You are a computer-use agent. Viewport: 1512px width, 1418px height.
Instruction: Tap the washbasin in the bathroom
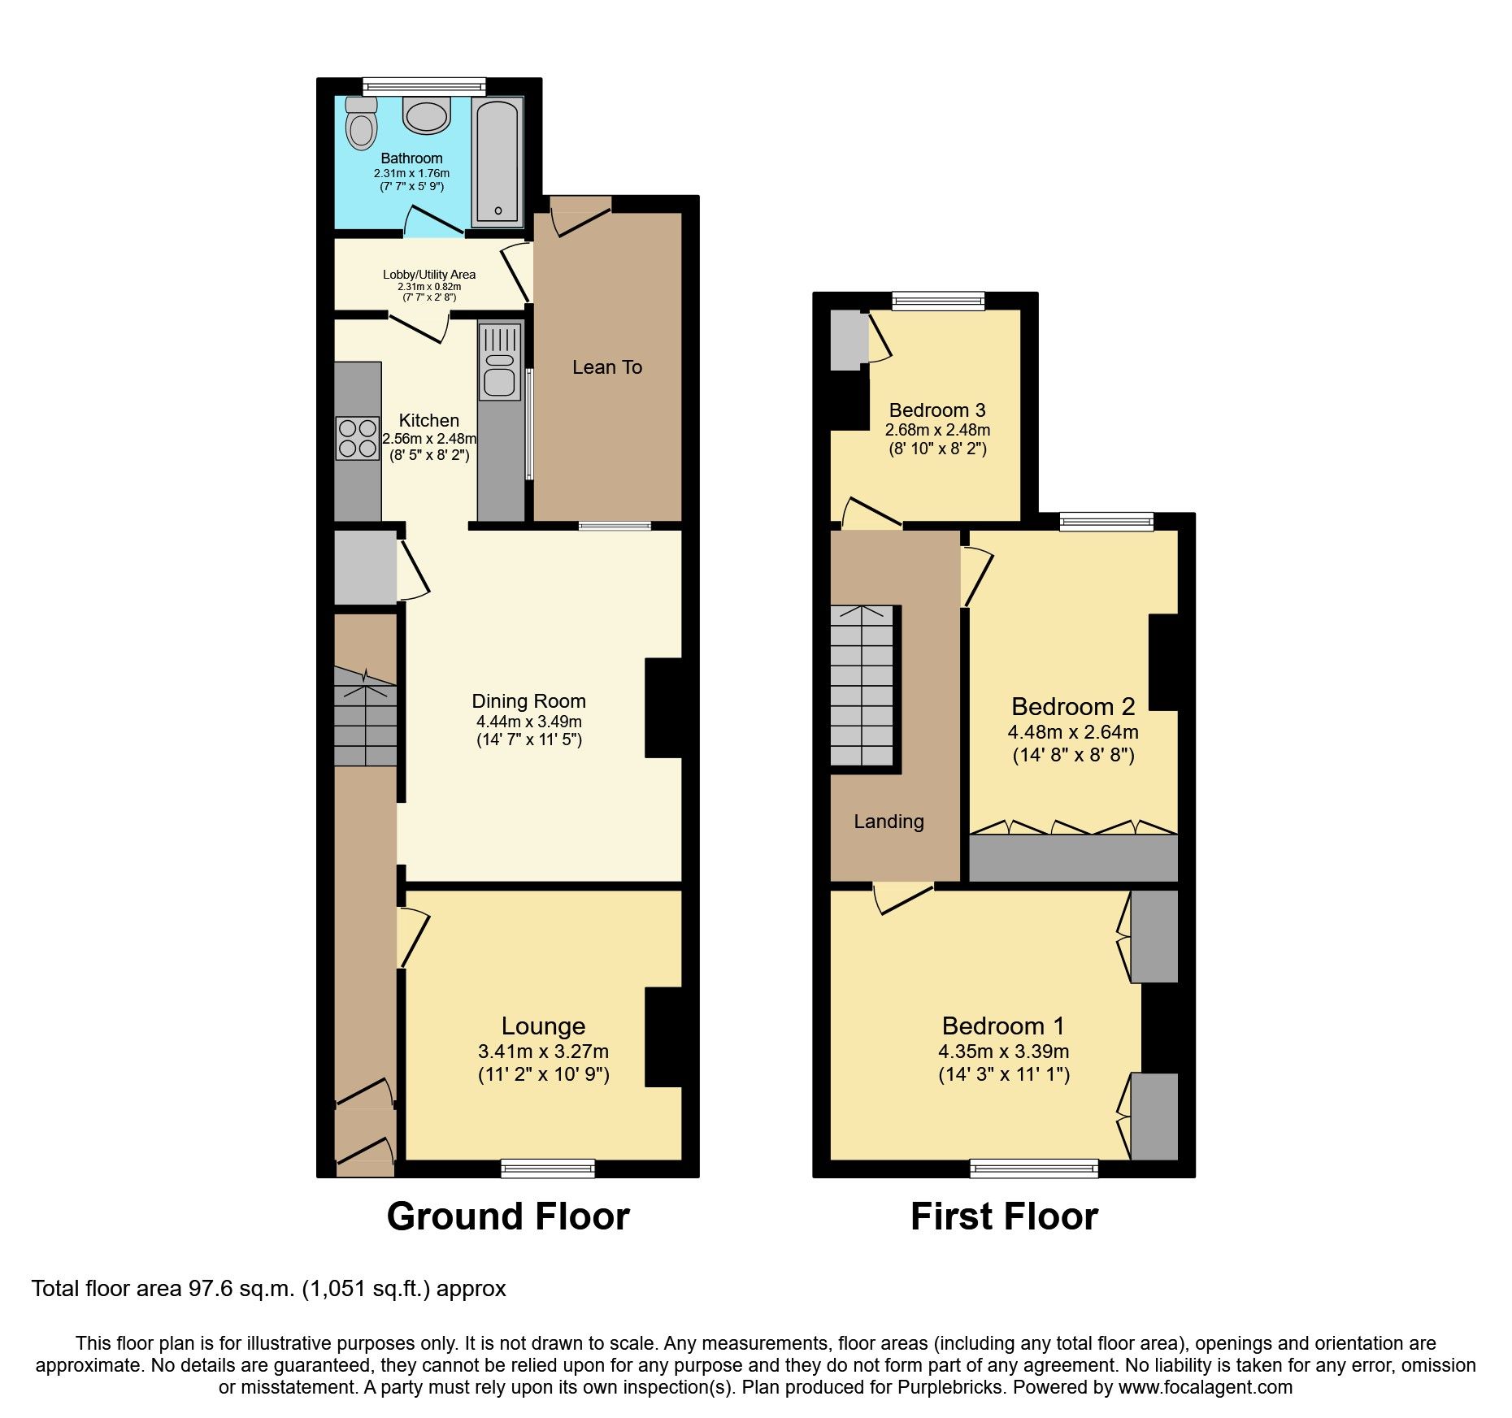pyautogui.click(x=426, y=116)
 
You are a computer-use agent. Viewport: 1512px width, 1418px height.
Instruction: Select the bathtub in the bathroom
pyautogui.click(x=497, y=160)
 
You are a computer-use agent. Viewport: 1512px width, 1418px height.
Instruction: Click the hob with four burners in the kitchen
pyautogui.click(x=358, y=438)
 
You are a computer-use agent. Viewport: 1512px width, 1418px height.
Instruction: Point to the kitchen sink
pyautogui.click(x=499, y=362)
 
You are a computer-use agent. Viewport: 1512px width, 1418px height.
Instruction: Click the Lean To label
pyautogui.click(x=606, y=367)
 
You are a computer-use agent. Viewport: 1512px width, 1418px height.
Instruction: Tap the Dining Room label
pyautogui.click(x=528, y=701)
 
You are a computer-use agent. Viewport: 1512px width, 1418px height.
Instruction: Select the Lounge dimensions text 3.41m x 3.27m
pyautogui.click(x=543, y=1051)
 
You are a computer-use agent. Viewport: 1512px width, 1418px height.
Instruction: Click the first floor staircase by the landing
pyautogui.click(x=862, y=687)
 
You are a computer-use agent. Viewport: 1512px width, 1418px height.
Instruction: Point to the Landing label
pyautogui.click(x=889, y=822)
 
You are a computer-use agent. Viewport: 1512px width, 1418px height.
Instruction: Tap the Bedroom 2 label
pyautogui.click(x=1072, y=706)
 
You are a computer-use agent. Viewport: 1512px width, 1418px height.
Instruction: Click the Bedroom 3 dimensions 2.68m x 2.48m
pyautogui.click(x=937, y=430)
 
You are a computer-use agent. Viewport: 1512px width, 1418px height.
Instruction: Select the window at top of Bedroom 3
pyautogui.click(x=938, y=301)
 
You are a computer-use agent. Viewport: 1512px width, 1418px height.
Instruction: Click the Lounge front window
pyautogui.click(x=548, y=1169)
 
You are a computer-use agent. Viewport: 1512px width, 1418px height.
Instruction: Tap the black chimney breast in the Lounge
pyautogui.click(x=663, y=1037)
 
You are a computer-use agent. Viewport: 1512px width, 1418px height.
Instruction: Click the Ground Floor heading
pyautogui.click(x=508, y=1216)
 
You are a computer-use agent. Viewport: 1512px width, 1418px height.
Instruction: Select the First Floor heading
pyautogui.click(x=1004, y=1216)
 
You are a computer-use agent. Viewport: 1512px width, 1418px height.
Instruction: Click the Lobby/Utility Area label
pyautogui.click(x=429, y=275)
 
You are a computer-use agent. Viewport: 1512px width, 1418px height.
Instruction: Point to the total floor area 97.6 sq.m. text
pyautogui.click(x=268, y=1289)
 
